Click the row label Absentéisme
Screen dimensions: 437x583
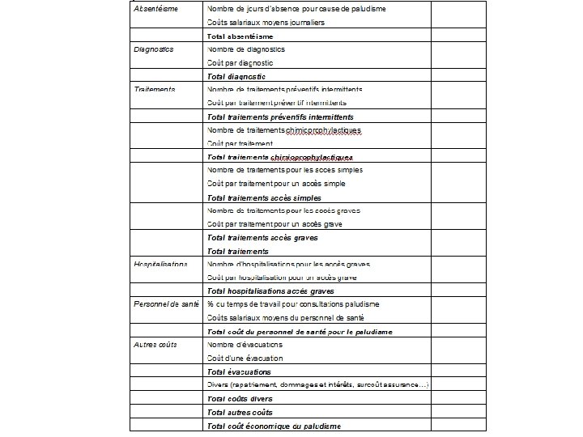156,9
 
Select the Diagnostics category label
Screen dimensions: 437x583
154,49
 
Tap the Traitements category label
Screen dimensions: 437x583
155,89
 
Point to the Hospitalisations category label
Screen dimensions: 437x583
160,264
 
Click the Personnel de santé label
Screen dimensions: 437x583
166,303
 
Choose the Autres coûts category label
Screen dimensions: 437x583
155,344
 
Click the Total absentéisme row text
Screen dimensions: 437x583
240,36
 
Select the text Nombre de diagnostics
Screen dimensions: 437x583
246,49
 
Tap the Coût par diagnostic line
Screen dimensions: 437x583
240,62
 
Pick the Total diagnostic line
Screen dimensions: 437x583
236,76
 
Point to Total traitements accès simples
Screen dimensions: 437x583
264,197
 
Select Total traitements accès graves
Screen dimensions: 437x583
262,238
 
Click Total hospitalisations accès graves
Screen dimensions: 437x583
270,291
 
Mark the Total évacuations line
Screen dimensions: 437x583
239,371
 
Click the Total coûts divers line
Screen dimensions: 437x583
240,398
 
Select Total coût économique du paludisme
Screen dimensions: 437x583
274,426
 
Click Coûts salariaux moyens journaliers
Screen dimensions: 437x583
266,22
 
